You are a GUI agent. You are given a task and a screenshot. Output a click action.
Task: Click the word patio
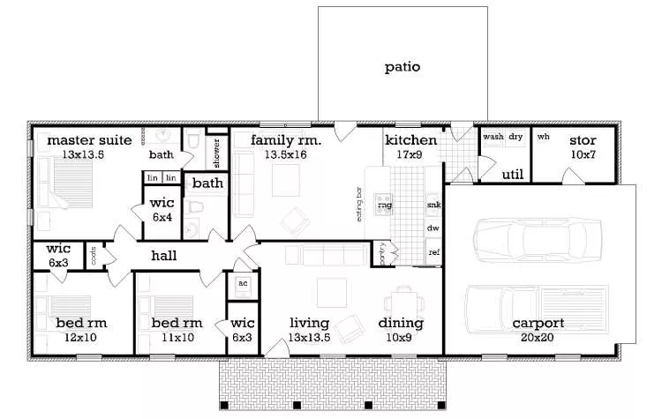point(402,66)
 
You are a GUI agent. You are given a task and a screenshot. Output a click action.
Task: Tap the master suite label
point(89,139)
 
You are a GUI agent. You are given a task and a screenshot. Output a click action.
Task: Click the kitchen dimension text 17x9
point(410,154)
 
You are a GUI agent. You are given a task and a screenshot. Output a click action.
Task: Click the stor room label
point(583,140)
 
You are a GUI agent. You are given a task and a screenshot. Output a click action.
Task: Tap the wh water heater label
point(544,137)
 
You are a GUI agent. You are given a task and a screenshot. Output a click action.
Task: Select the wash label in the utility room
point(493,137)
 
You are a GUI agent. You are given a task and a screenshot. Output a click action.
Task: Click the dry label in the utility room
point(515,137)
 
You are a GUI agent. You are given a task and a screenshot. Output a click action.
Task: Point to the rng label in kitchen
point(384,205)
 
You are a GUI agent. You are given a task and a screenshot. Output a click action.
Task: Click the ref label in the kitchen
point(433,252)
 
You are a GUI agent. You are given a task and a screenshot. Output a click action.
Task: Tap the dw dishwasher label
point(433,228)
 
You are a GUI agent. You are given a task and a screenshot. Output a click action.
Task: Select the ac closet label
point(241,284)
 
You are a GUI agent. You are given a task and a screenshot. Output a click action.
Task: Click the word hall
point(163,256)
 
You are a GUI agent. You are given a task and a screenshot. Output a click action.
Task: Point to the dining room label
point(402,323)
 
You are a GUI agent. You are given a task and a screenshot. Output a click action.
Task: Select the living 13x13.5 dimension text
point(310,337)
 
